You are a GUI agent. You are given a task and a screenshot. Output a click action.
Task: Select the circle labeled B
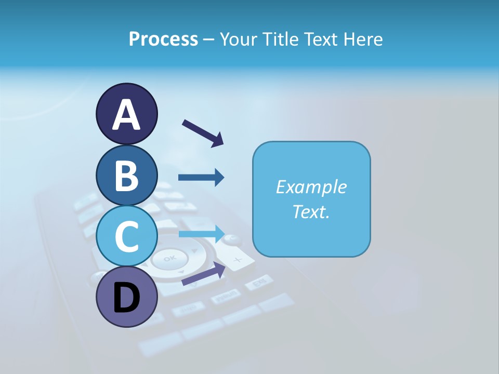click(126, 176)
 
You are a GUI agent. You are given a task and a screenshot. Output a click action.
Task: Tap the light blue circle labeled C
click(126, 236)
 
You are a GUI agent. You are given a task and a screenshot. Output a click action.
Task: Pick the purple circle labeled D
click(126, 297)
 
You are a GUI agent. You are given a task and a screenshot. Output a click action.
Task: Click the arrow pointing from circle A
click(203, 132)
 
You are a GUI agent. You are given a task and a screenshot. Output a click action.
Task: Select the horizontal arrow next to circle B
click(201, 178)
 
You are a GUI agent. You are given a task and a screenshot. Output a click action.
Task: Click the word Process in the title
click(163, 39)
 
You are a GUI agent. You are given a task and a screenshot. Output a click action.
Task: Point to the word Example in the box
click(311, 187)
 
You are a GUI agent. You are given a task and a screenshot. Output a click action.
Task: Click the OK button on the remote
click(169, 258)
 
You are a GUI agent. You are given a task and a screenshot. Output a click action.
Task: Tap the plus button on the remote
click(237, 259)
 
